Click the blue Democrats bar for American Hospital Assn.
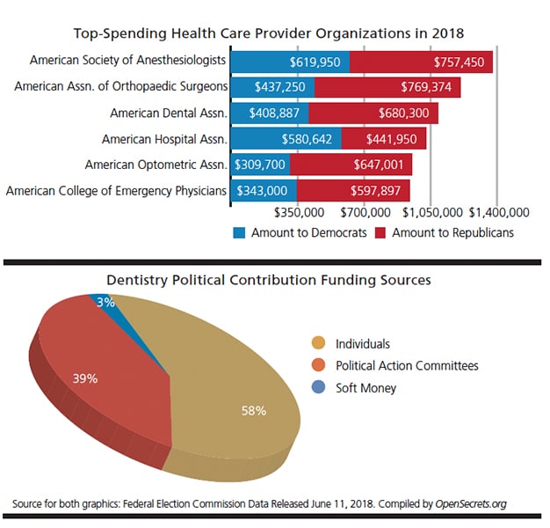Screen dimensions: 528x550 click(x=286, y=139)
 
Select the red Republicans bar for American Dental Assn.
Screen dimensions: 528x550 click(x=373, y=114)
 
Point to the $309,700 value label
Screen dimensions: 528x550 click(x=259, y=165)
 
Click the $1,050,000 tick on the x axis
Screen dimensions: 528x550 click(x=433, y=212)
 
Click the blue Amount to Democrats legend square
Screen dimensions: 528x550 click(x=239, y=233)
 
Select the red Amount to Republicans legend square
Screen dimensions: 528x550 click(x=380, y=233)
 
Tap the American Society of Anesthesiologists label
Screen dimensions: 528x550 click(x=128, y=62)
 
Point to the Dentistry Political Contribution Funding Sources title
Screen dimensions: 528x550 click(x=269, y=281)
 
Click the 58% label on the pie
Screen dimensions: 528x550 click(x=254, y=410)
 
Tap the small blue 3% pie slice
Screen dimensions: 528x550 click(x=103, y=303)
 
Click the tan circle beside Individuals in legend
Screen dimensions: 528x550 click(x=319, y=344)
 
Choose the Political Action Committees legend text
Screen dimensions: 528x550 click(x=407, y=365)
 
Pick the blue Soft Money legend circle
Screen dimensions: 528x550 click(x=319, y=387)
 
